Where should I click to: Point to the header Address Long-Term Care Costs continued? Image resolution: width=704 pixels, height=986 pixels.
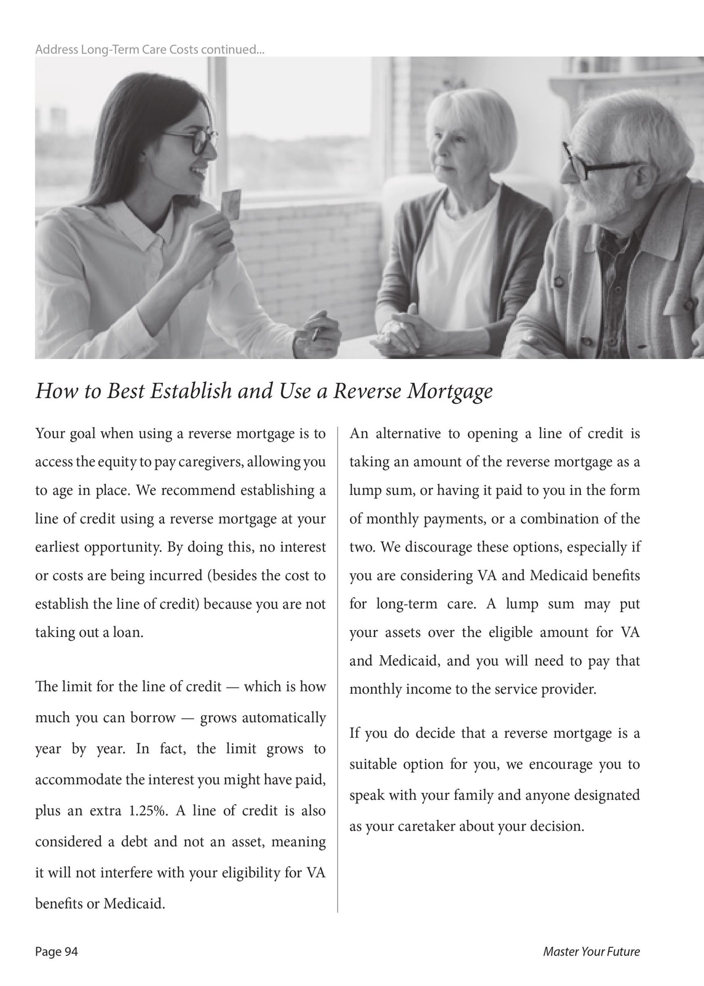[x=150, y=50]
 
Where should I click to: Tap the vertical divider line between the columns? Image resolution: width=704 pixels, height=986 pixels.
[x=337, y=660]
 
